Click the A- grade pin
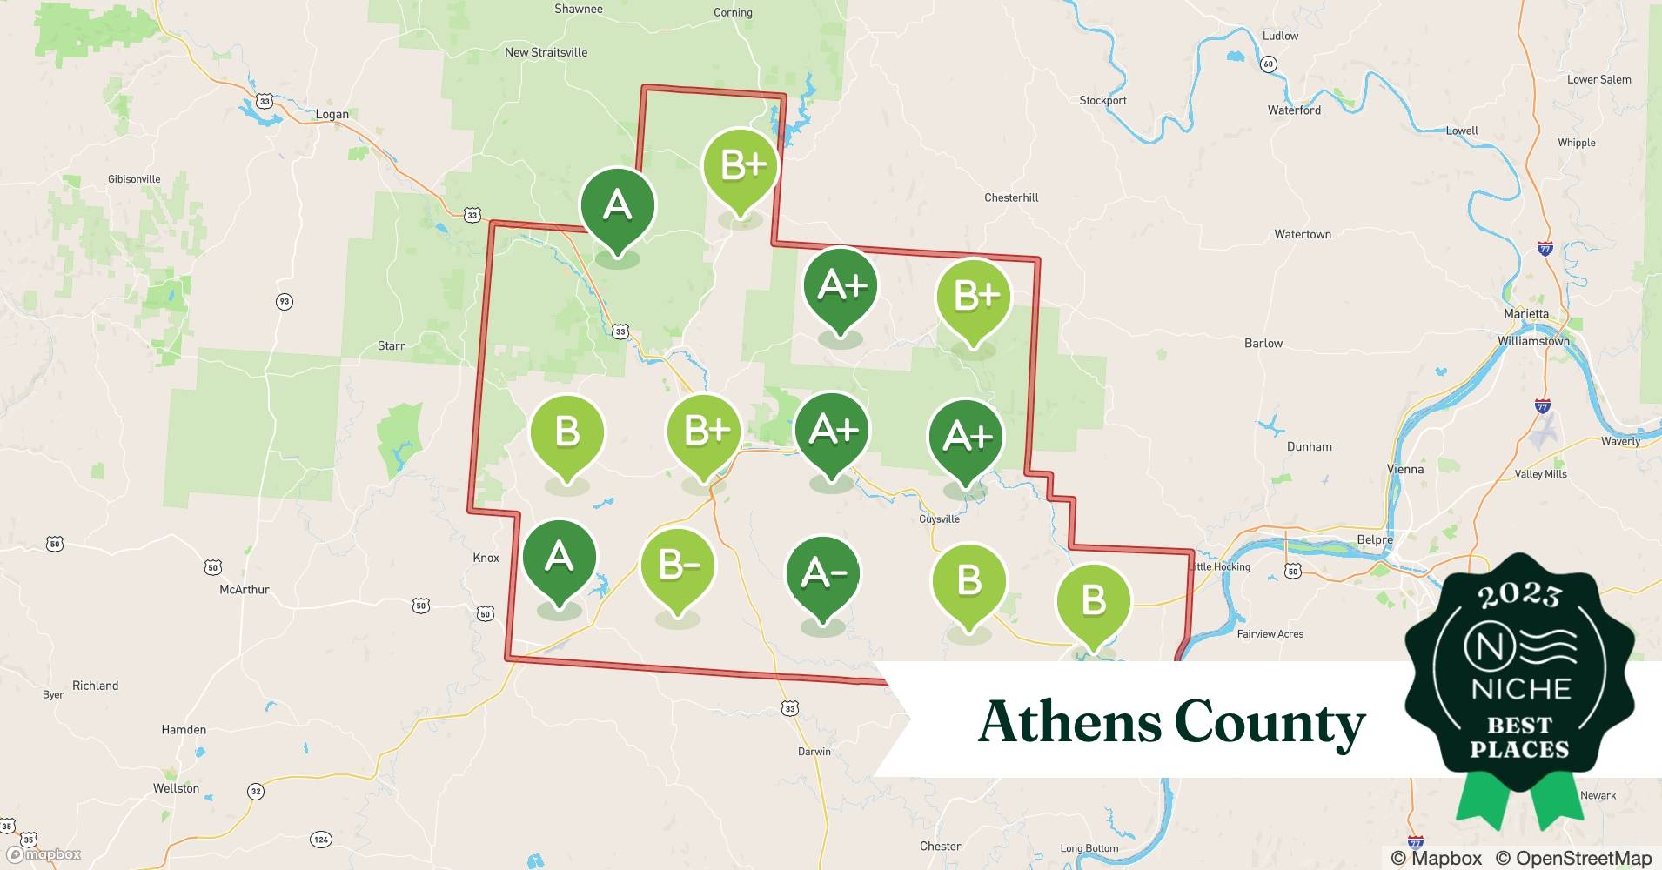[822, 573]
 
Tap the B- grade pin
[677, 566]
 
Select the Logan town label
[332, 114]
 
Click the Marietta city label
[1526, 313]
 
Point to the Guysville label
[939, 519]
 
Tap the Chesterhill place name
[1011, 197]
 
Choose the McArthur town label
[245, 589]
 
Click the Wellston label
[176, 788]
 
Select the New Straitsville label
[546, 52]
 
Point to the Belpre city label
[1375, 539]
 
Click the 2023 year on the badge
[1519, 595]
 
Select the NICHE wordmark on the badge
[1520, 689]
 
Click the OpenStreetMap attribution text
[1573, 858]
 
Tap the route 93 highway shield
[284, 302]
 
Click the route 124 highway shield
[320, 840]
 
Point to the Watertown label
[1302, 234]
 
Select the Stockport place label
[1102, 100]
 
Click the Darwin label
[814, 752]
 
